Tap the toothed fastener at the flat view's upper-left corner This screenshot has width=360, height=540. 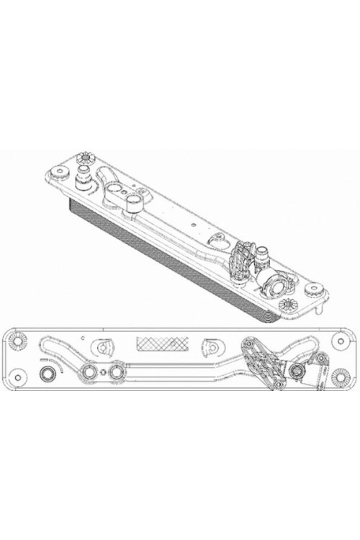pyautogui.click(x=17, y=339)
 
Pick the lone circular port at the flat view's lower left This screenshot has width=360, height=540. pyautogui.click(x=48, y=374)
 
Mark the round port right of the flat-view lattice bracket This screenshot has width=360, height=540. pyautogui.click(x=296, y=372)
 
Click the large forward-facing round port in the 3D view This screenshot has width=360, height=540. pyautogui.click(x=276, y=284)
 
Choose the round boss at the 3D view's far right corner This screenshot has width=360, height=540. pyautogui.click(x=316, y=289)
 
